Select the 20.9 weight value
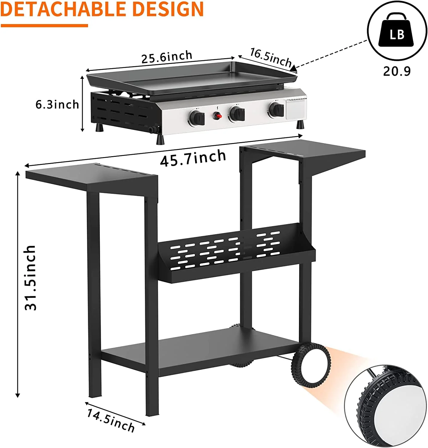coord(397,71)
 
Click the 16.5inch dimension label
coord(271,58)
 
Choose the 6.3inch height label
coord(57,105)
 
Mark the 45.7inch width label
coord(193,158)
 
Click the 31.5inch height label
coord(30,278)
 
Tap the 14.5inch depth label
coord(111,421)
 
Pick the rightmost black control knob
coord(276,110)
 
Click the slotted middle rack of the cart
coord(236,252)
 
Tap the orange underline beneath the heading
coord(45,26)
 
